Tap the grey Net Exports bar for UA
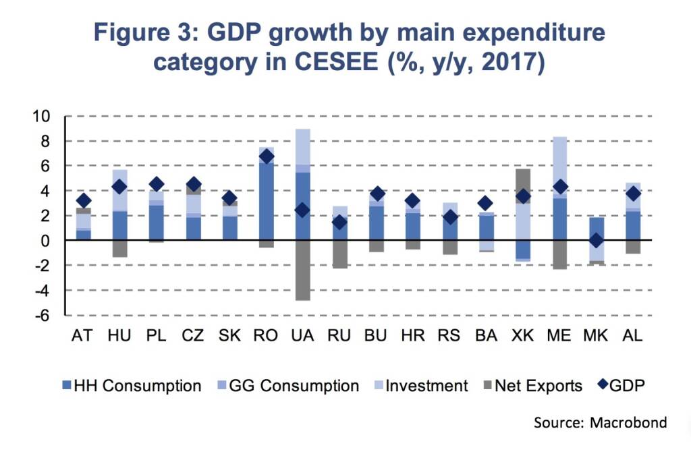coord(302,270)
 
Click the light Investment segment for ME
coord(558,162)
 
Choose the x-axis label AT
coord(83,336)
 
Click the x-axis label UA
coord(302,336)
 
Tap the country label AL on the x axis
coord(631,336)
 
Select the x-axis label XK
coord(522,336)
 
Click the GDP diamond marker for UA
coord(302,210)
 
